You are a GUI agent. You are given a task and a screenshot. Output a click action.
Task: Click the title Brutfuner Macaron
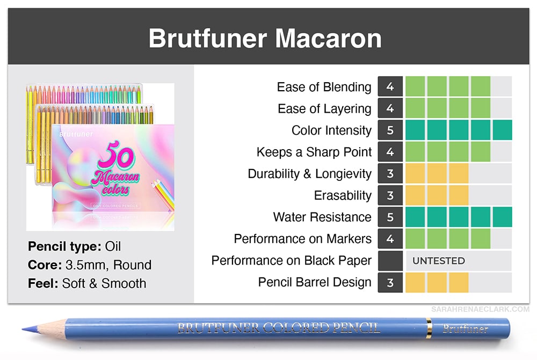pyautogui.click(x=265, y=38)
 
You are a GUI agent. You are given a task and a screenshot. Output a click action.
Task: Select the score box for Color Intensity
pyautogui.click(x=390, y=130)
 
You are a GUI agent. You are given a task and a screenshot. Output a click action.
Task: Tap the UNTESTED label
pyautogui.click(x=438, y=261)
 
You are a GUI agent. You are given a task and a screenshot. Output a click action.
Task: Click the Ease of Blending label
pyautogui.click(x=324, y=87)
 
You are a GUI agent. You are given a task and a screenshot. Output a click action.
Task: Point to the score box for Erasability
pyautogui.click(x=390, y=195)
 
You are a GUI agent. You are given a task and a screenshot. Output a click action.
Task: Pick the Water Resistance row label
pyautogui.click(x=322, y=217)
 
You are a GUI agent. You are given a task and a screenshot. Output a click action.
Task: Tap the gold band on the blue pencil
pyautogui.click(x=429, y=328)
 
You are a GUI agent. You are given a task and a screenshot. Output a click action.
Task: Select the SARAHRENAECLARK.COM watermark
pyautogui.click(x=480, y=310)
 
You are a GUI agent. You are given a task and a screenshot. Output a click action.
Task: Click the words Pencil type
pyautogui.click(x=64, y=246)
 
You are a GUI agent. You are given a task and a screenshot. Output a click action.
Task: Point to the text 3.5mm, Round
pyautogui.click(x=108, y=265)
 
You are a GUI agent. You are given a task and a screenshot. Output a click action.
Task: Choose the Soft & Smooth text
pyautogui.click(x=104, y=283)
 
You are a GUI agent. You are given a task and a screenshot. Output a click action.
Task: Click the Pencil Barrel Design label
pyautogui.click(x=314, y=282)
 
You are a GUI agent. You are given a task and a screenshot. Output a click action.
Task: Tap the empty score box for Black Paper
pyautogui.click(x=390, y=261)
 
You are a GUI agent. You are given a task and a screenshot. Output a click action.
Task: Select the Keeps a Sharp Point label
pyautogui.click(x=314, y=152)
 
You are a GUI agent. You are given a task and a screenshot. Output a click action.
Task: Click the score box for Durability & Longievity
pyautogui.click(x=390, y=173)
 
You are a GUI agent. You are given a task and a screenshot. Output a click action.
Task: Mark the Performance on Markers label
pyautogui.click(x=302, y=239)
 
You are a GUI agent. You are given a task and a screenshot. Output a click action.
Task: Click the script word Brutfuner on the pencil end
pyautogui.click(x=465, y=328)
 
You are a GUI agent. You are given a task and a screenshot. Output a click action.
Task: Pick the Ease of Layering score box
pyautogui.click(x=390, y=108)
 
